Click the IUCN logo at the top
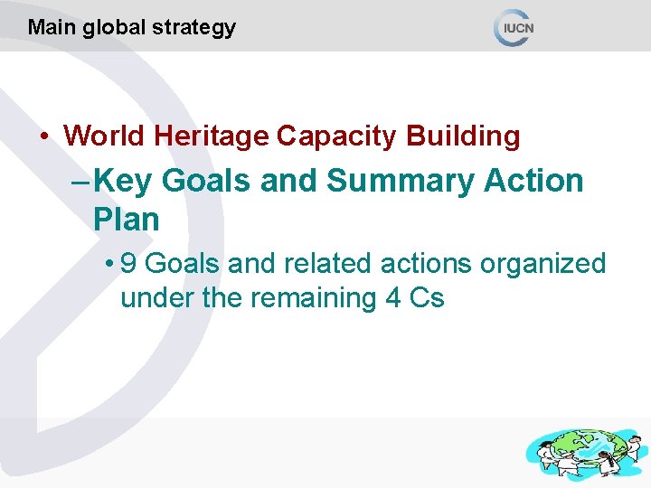pyautogui.click(x=515, y=27)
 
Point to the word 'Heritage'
pyautogui.click(x=212, y=136)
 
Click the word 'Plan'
pyautogui.click(x=126, y=220)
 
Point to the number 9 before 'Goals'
pyautogui.click(x=128, y=264)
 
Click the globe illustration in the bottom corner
pyautogui.click(x=583, y=453)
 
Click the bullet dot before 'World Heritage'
pyautogui.click(x=44, y=137)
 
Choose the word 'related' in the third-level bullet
pyautogui.click(x=322, y=264)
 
